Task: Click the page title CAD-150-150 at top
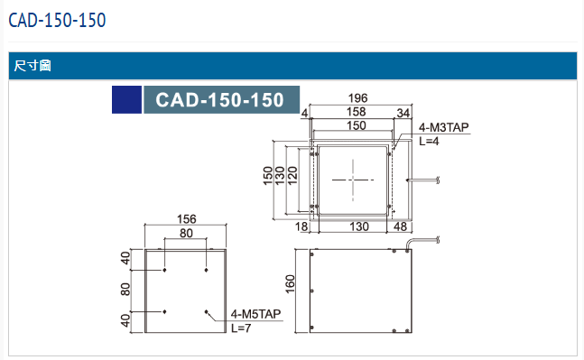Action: [x=57, y=20]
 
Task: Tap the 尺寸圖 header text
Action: [x=32, y=66]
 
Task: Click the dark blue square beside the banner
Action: [x=126, y=99]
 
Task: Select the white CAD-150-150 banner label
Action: [x=219, y=100]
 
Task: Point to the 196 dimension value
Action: [x=358, y=98]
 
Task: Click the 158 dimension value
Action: [x=356, y=112]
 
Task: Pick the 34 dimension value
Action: [x=403, y=113]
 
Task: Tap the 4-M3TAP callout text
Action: [x=443, y=128]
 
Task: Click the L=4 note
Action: [x=429, y=141]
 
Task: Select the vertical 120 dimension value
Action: [x=292, y=175]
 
